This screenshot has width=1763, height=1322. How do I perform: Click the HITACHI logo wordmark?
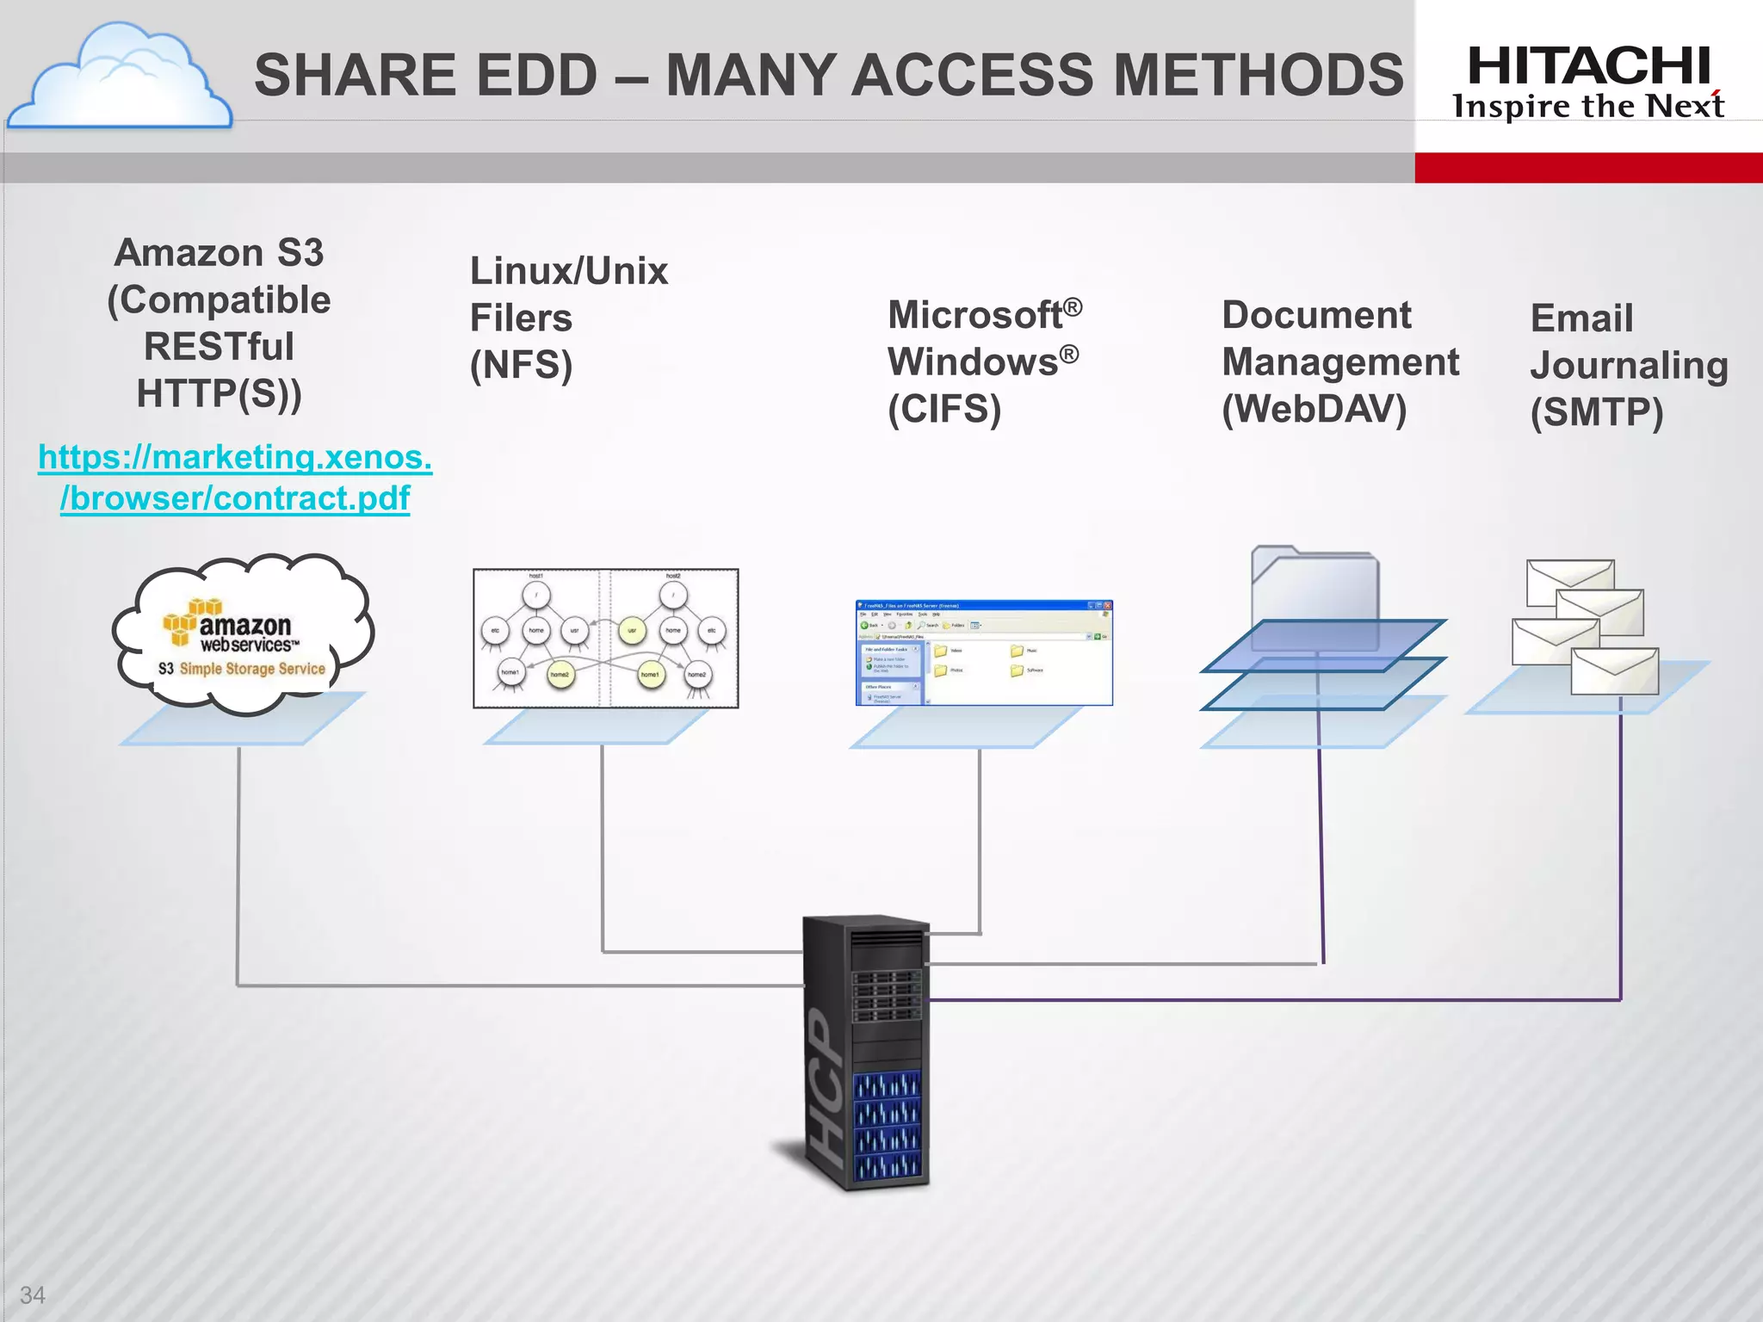click(1588, 65)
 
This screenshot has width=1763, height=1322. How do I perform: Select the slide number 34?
click(33, 1294)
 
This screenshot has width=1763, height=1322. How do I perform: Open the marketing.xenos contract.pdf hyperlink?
click(235, 478)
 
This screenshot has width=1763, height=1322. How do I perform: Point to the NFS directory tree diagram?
click(605, 638)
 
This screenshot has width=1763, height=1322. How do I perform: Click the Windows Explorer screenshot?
click(983, 652)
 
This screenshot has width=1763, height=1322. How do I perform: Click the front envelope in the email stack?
click(1614, 671)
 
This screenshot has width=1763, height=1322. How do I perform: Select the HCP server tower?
click(865, 1052)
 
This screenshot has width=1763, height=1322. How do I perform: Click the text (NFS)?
click(521, 365)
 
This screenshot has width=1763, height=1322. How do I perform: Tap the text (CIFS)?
click(944, 409)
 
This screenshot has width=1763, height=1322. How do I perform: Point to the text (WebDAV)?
click(1314, 409)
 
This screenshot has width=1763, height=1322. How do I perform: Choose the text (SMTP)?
click(1596, 412)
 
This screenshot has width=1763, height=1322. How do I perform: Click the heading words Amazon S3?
click(219, 253)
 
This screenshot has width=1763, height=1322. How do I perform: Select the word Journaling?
click(1628, 365)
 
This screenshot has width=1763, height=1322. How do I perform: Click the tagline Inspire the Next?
click(1588, 107)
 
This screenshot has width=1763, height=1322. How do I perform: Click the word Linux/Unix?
click(568, 271)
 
